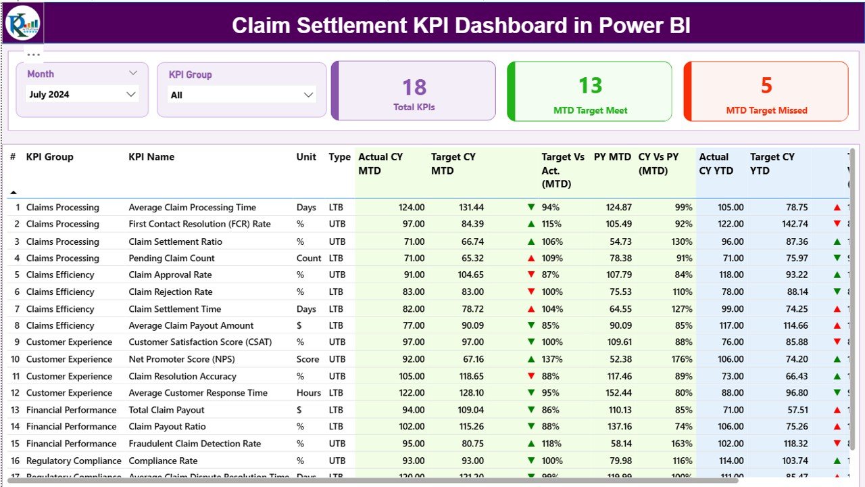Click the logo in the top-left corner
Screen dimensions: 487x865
23,23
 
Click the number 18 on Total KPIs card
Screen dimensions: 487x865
414,87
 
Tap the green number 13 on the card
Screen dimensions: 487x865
590,85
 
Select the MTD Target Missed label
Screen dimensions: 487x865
766,110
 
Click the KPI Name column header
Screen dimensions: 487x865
151,157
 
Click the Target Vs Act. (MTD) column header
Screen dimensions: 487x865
562,170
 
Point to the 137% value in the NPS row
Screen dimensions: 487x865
551,359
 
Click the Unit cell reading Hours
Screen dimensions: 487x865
309,393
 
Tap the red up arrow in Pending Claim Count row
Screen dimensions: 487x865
531,258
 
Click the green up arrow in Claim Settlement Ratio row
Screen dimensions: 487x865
531,241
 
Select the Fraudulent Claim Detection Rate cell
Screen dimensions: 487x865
195,444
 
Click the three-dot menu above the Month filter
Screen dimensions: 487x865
34,55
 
